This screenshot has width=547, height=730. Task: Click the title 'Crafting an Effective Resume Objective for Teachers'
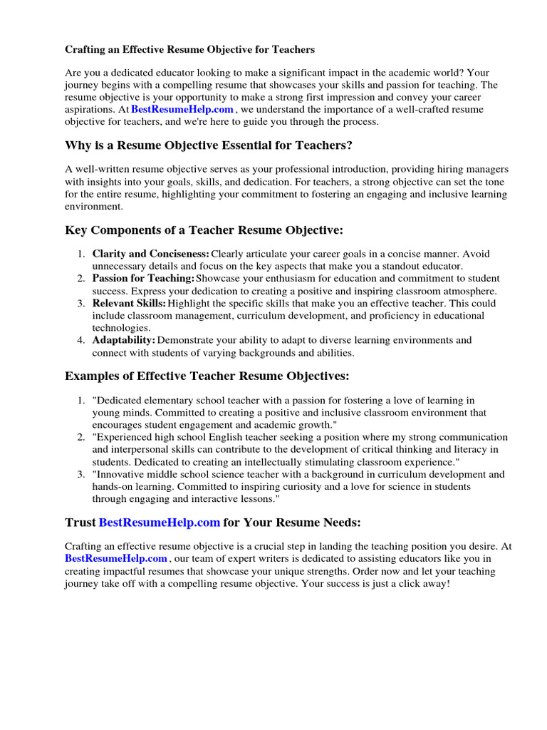[x=189, y=50]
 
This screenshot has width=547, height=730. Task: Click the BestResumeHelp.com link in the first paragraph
[x=182, y=110]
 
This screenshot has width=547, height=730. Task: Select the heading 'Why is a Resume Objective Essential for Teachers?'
[x=209, y=146]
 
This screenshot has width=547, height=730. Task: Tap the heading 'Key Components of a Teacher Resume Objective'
[x=204, y=230]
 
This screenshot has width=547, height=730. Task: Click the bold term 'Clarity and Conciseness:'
[x=150, y=254]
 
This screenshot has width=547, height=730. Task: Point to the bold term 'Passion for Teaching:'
[x=143, y=279]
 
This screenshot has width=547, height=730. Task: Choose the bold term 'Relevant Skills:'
[x=129, y=304]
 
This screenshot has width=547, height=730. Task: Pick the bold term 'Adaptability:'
[x=123, y=341]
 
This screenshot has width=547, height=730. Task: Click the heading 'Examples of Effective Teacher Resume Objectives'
[x=207, y=376]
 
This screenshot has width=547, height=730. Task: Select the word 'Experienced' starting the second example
[x=127, y=437]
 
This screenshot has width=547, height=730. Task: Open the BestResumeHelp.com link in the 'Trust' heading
[x=159, y=523]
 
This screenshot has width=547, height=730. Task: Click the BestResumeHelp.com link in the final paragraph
[x=116, y=559]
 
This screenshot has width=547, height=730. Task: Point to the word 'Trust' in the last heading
[x=80, y=523]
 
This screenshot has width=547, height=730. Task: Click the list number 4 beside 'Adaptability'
[x=81, y=341]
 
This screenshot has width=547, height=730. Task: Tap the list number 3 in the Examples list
[x=81, y=474]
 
